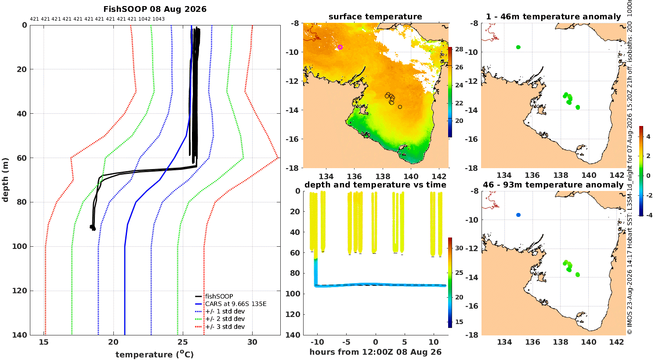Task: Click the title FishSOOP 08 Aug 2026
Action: coord(155,9)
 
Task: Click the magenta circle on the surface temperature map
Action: coord(340,47)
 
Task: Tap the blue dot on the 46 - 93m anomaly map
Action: coord(518,215)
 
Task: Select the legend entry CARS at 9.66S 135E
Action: coord(235,304)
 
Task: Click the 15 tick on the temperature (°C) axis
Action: coord(44,342)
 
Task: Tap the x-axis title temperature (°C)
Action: coord(155,354)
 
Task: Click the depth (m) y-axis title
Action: coord(5,180)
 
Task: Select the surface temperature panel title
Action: coord(375,17)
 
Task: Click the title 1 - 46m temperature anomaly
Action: coord(554,17)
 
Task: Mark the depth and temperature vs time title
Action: coord(375,185)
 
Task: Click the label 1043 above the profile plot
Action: coord(159,19)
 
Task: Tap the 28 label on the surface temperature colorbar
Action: coord(459,49)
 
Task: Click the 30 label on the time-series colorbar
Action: coord(459,248)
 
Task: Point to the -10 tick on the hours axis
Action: coord(317,342)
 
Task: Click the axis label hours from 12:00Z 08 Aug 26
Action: coord(375,352)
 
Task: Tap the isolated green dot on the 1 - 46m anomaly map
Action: coord(518,47)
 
